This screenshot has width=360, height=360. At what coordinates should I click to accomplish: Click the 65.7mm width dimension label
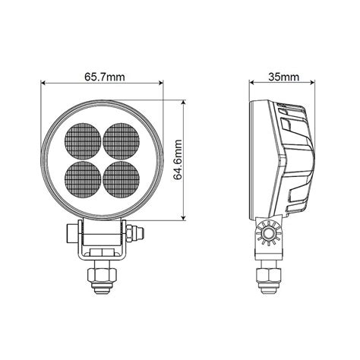click(x=102, y=76)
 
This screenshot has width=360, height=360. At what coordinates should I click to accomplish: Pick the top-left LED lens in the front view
click(x=84, y=140)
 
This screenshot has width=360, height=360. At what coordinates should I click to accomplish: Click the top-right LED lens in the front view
click(x=120, y=140)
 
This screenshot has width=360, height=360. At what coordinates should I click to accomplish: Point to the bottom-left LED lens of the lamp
click(x=84, y=175)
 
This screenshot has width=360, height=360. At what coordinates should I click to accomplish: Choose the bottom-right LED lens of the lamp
click(x=120, y=175)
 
